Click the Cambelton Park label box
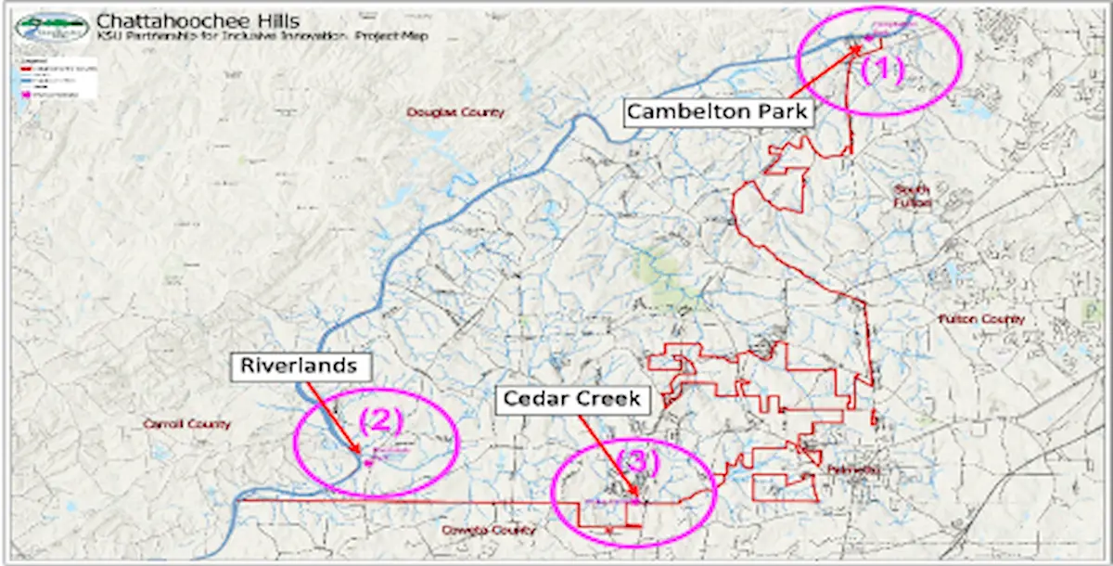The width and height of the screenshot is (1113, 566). coord(719,112)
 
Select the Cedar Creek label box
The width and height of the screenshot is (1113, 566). coord(571,399)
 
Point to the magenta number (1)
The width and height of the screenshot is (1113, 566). coord(882,71)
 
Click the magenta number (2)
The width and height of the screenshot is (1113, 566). coord(381,421)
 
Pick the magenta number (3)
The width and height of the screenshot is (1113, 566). coord(637,461)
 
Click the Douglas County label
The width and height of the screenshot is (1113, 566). coord(455,112)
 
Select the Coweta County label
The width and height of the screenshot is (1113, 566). coord(490,531)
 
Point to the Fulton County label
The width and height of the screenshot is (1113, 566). coord(981,319)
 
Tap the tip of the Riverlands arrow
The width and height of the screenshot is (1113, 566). coord(361,453)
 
